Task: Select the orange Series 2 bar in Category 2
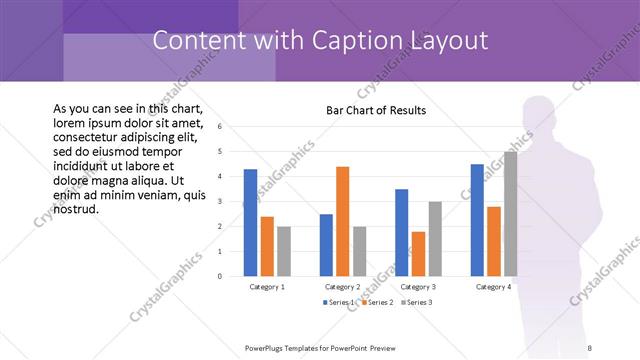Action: click(342, 221)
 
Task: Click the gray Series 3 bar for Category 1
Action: click(283, 250)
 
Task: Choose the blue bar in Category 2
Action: click(326, 244)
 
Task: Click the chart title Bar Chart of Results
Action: click(376, 109)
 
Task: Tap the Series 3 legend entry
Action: click(419, 301)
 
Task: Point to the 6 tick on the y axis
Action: click(219, 127)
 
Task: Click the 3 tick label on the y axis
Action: click(219, 201)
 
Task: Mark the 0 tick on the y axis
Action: click(219, 276)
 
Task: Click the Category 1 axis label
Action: click(266, 287)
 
